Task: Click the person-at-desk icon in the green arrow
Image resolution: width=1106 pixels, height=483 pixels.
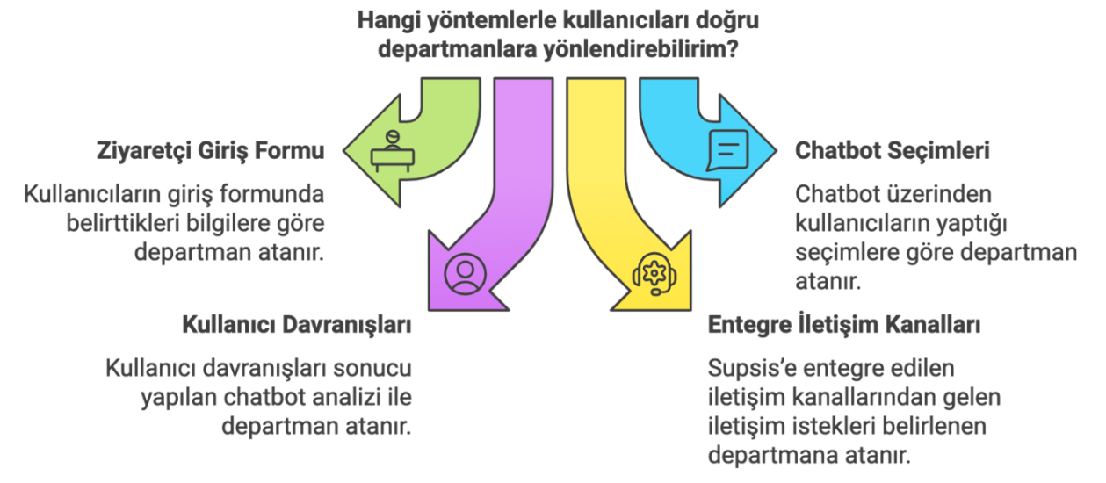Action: [x=393, y=151]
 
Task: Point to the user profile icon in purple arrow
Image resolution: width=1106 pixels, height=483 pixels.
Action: [x=465, y=274]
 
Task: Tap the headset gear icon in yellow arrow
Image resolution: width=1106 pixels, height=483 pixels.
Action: [x=654, y=274]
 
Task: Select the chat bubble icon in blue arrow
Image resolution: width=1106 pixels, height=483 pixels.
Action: [x=727, y=150]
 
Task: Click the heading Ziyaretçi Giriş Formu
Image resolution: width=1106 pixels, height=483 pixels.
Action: [x=210, y=151]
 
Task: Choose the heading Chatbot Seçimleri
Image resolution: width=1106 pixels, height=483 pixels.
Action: [x=893, y=150]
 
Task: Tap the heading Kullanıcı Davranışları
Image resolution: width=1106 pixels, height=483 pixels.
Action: [x=297, y=325]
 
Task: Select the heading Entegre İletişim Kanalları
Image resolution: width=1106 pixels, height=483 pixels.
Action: [x=844, y=325]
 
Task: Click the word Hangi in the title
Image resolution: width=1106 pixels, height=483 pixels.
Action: [x=388, y=21]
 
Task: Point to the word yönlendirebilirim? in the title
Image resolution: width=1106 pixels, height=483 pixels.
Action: [x=641, y=49]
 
